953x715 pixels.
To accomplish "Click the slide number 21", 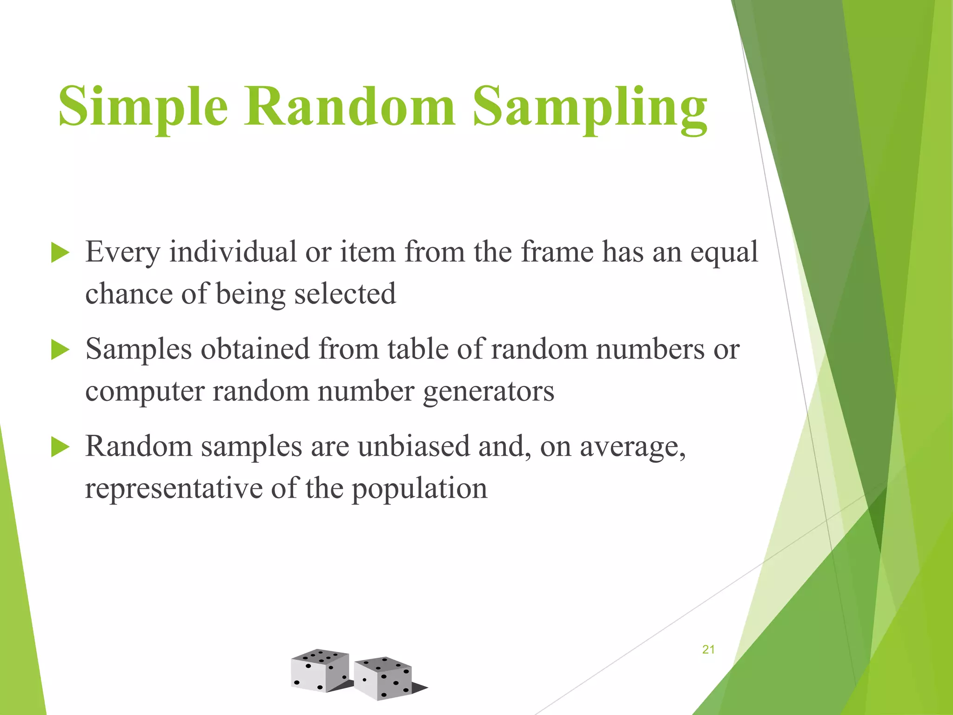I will click(x=708, y=650).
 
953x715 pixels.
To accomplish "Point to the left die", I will click(x=320, y=670).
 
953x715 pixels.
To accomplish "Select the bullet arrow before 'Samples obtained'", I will click(x=60, y=350).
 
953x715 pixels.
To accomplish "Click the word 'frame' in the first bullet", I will click(x=557, y=252).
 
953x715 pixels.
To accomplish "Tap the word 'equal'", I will click(x=724, y=253).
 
